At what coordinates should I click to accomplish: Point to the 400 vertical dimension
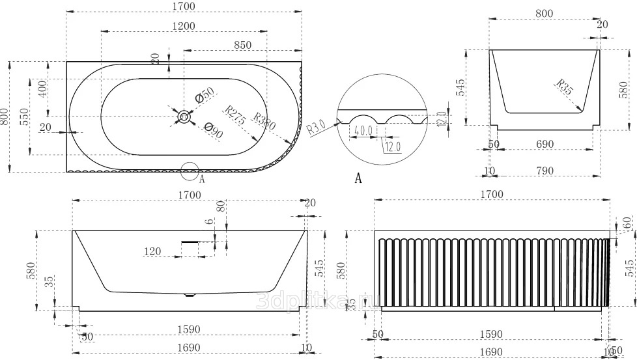coord(42,89)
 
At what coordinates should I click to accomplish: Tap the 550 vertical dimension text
coord(24,115)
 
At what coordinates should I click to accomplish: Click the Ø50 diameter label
coord(205,96)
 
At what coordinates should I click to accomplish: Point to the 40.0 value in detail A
coord(361,131)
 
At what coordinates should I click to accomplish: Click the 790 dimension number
coord(545,171)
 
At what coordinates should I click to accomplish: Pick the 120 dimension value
coord(153,251)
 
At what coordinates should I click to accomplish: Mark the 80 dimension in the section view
coord(220,206)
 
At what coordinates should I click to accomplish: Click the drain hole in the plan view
coord(184,117)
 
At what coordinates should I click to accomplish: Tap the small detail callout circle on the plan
coord(190,171)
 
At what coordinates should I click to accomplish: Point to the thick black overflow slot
coord(189,241)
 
